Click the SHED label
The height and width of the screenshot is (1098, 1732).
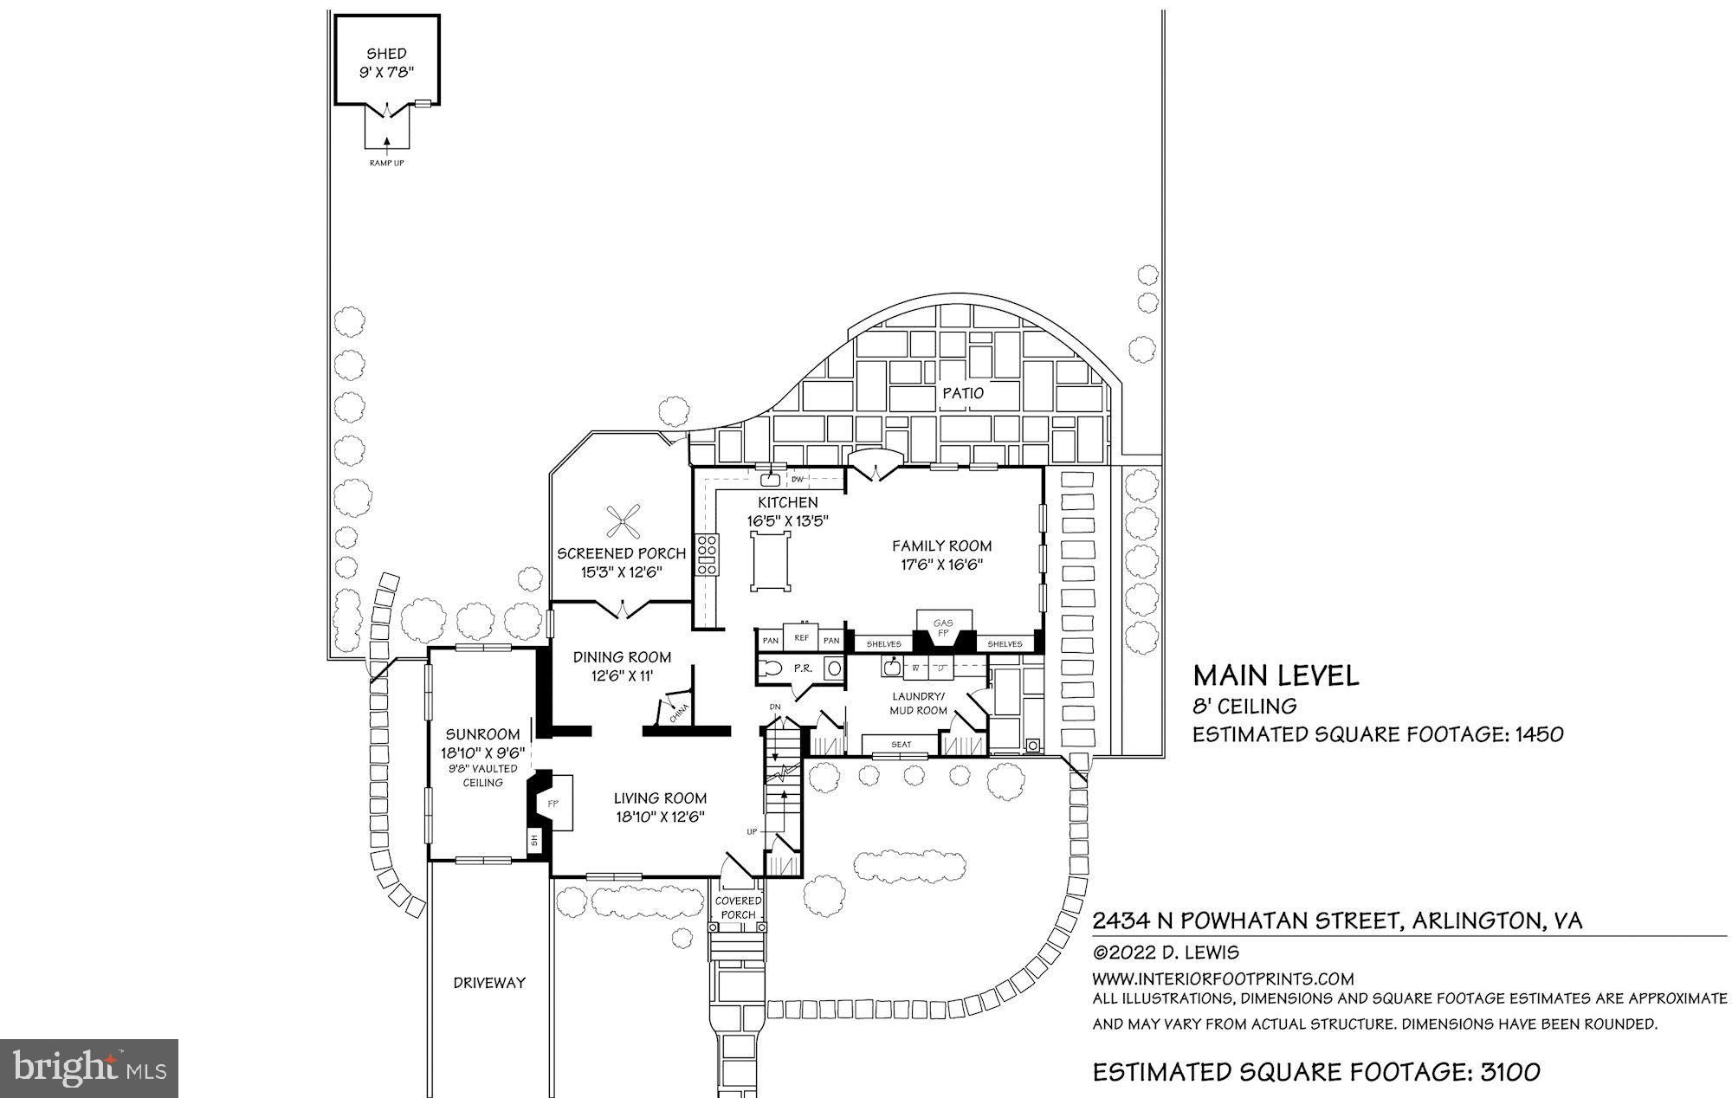(386, 54)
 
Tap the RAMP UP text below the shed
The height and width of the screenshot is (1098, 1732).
(386, 163)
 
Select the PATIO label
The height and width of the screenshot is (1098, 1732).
(963, 393)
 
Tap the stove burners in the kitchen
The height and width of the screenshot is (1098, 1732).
(707, 555)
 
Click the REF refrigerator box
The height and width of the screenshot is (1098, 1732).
(802, 638)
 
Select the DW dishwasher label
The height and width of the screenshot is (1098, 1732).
(798, 479)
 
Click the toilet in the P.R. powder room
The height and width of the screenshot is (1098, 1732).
(772, 668)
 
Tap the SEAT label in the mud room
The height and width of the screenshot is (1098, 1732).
(901, 745)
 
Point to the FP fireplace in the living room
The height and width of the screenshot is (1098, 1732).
(552, 804)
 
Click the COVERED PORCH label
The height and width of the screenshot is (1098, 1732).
(738, 907)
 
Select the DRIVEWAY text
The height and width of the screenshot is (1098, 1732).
(489, 983)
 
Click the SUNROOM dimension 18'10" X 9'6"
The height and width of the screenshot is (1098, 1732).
(482, 752)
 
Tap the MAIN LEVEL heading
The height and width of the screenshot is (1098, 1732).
(1276, 676)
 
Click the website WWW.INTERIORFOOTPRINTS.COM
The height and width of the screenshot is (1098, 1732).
(1223, 979)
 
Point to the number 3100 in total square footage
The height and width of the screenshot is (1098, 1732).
(1509, 1073)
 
